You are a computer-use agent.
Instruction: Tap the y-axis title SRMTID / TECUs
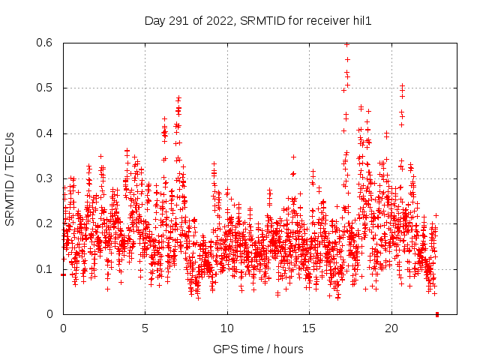coord(10,178)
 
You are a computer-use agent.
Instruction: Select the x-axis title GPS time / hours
coord(258,349)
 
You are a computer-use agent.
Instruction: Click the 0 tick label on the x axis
coord(63,328)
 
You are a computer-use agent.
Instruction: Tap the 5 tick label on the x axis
coord(145,328)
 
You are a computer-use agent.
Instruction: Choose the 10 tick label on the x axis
coord(227,328)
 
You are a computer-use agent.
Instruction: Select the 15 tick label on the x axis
coord(309,328)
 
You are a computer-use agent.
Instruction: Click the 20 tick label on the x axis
coord(391,328)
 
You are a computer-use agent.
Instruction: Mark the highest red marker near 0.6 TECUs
coord(346,44)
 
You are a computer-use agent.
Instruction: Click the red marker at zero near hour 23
coord(437,314)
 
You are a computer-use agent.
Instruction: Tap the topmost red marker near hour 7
coord(178,97)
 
